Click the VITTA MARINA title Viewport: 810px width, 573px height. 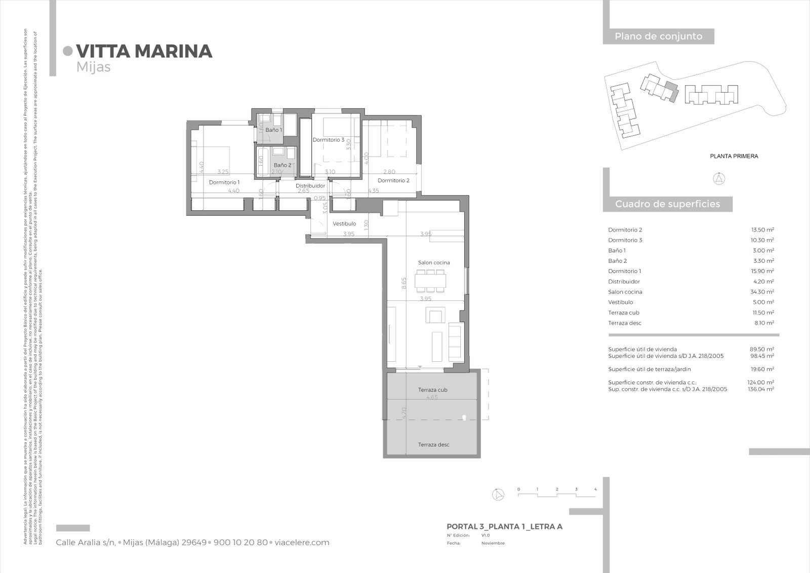(144, 51)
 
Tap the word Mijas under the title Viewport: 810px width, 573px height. (94, 67)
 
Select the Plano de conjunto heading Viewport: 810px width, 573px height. (658, 36)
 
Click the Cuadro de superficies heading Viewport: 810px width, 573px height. (667, 204)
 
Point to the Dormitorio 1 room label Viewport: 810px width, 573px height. (224, 182)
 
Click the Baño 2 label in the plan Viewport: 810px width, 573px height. (282, 165)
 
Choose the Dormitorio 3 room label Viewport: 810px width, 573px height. (328, 140)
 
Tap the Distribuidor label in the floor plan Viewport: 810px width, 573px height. (310, 186)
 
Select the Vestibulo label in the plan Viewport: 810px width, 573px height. (344, 223)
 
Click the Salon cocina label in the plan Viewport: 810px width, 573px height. (434, 262)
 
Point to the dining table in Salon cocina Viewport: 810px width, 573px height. (431, 280)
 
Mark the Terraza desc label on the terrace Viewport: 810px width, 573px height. (433, 445)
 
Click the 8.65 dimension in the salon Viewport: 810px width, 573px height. (404, 283)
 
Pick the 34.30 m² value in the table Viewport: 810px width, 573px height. (762, 292)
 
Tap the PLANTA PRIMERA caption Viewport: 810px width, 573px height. (734, 157)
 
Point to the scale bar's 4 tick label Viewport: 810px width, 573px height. (595, 489)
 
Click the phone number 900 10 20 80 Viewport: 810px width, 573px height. (240, 543)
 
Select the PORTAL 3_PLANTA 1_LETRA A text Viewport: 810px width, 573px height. (504, 527)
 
